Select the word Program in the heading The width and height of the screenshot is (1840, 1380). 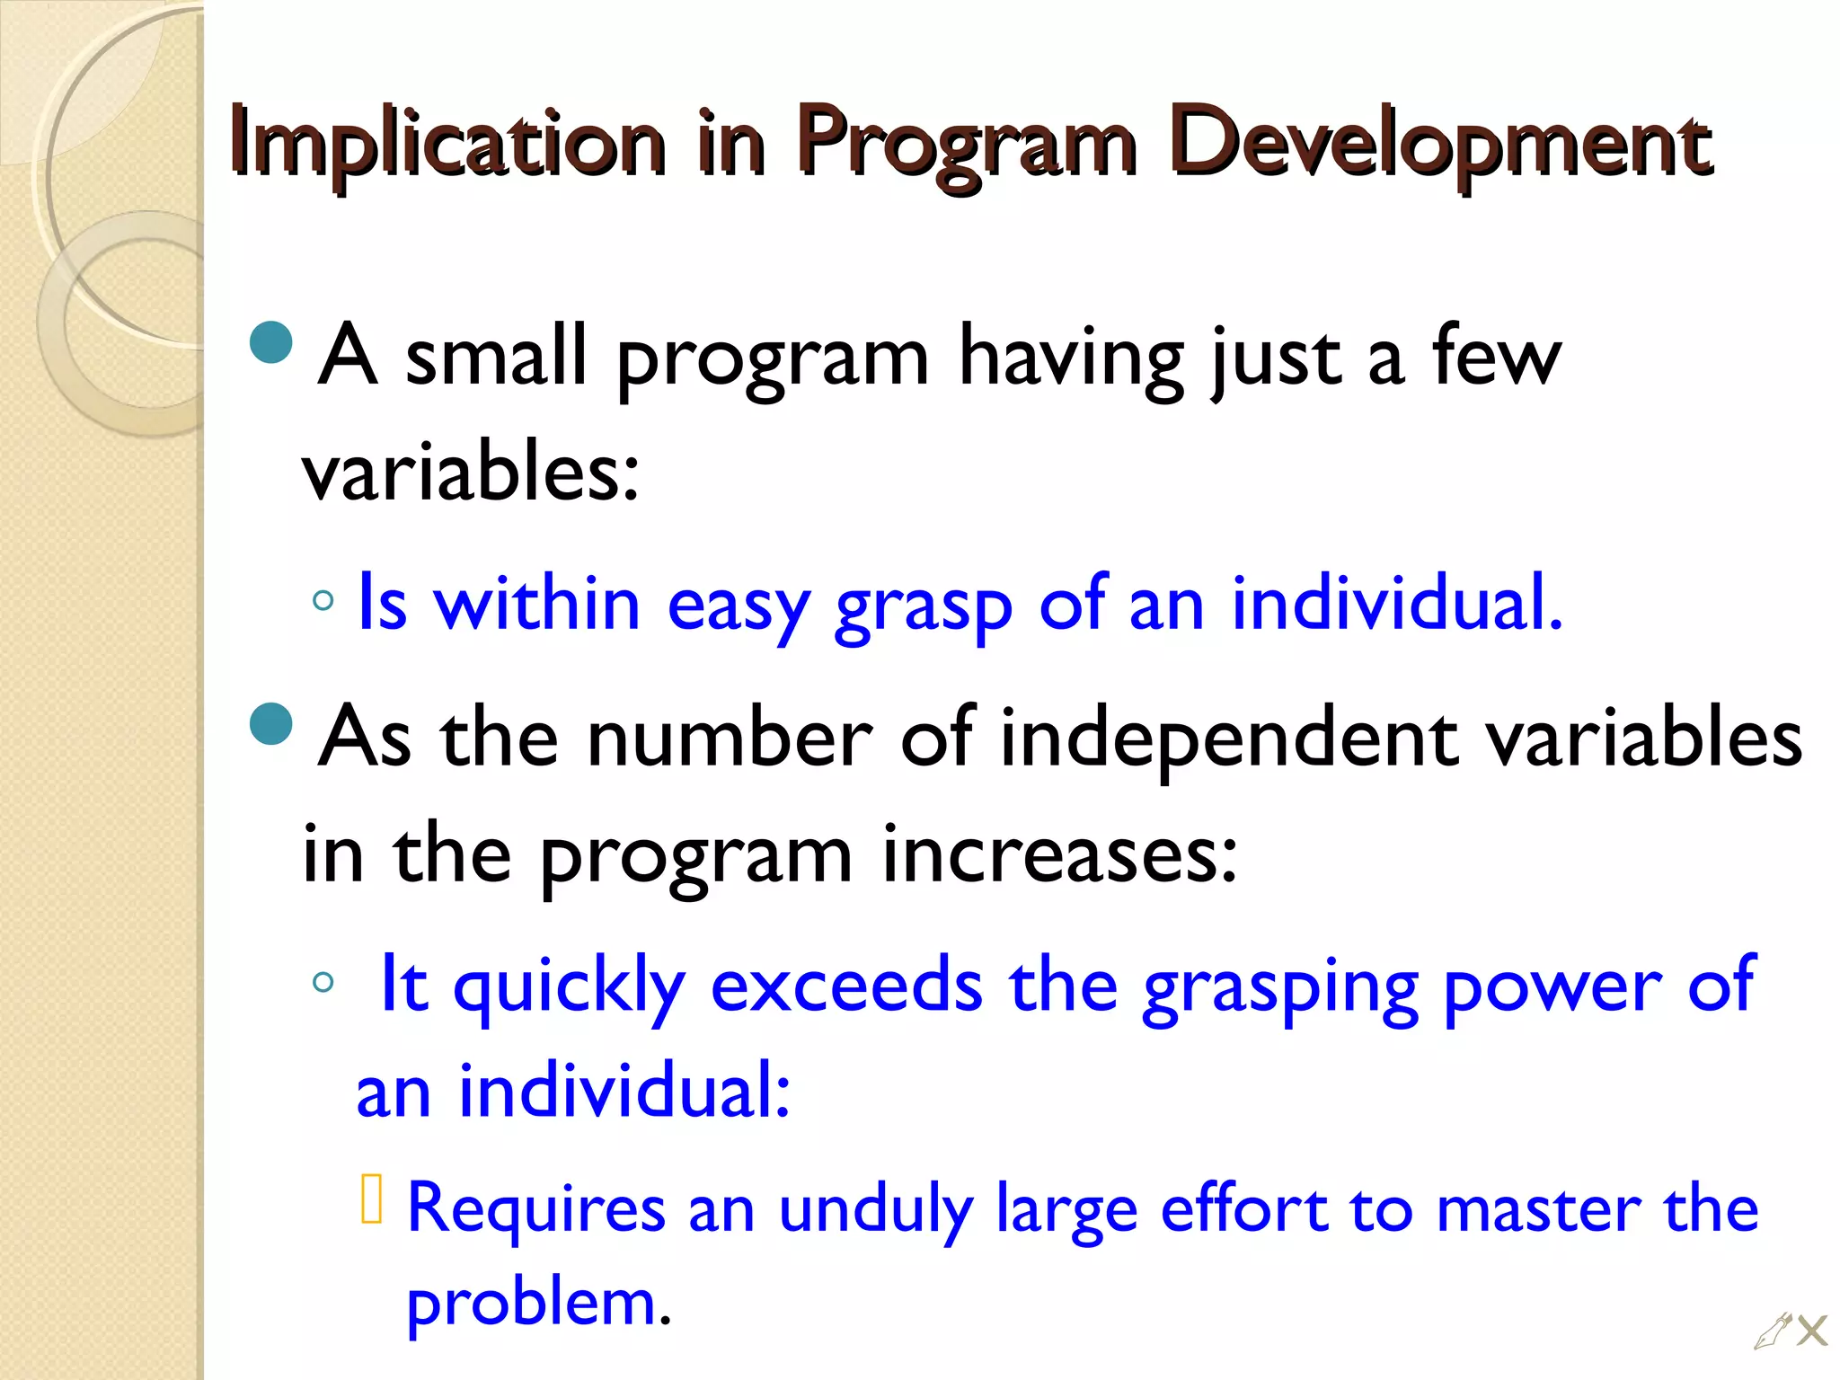pos(966,144)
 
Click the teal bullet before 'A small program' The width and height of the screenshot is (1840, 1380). pos(271,342)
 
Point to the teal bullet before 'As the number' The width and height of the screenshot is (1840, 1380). pos(271,724)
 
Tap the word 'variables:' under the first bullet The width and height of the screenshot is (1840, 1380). pos(470,473)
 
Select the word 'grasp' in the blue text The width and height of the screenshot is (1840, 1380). pos(923,606)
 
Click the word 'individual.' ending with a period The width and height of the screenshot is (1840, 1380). pos(1397,604)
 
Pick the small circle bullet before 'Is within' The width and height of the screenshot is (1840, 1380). pos(323,600)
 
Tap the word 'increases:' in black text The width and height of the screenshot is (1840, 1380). pos(1059,854)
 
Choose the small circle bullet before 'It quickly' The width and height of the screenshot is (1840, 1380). pos(323,982)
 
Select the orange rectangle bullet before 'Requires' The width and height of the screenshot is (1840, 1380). pos(372,1199)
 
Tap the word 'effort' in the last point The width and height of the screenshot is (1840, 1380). pos(1243,1209)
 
